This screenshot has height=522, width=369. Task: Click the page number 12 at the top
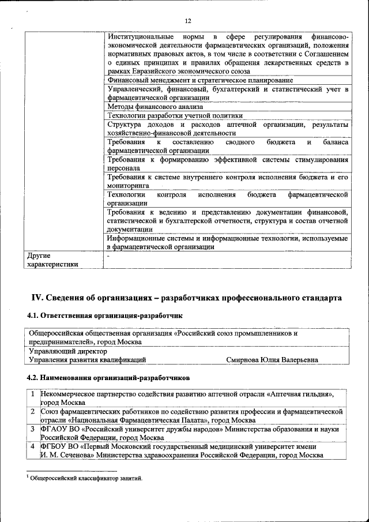[187, 21]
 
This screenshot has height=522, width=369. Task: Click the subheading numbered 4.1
[104, 317]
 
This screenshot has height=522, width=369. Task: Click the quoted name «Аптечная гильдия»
[299, 394]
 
